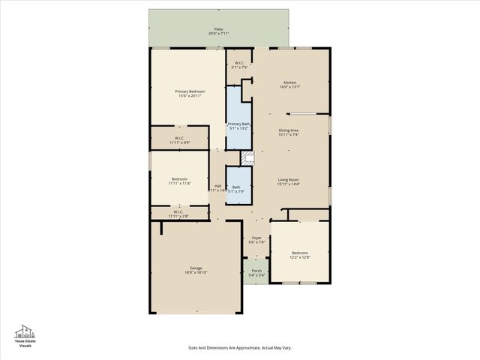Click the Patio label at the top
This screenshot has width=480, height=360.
[218, 29]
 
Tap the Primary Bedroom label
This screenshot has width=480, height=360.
[191, 91]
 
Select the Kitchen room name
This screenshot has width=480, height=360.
[289, 82]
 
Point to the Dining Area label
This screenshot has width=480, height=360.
[289, 130]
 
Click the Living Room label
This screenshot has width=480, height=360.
[289, 179]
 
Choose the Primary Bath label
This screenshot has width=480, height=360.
[239, 124]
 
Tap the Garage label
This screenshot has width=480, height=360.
[196, 268]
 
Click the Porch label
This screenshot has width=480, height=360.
[256, 271]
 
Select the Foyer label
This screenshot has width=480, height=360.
[256, 237]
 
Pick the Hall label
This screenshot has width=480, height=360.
[217, 186]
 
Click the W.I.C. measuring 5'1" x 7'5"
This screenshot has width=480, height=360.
[239, 63]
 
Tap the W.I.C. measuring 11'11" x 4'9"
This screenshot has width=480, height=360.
[180, 138]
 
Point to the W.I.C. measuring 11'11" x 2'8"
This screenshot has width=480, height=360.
[179, 211]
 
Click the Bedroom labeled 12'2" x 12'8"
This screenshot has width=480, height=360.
[300, 253]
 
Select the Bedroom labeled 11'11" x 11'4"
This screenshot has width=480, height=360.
[179, 178]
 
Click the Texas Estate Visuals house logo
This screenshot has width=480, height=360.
[25, 331]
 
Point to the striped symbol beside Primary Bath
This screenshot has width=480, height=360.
[247, 157]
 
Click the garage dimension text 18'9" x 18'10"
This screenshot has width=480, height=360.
[196, 273]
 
